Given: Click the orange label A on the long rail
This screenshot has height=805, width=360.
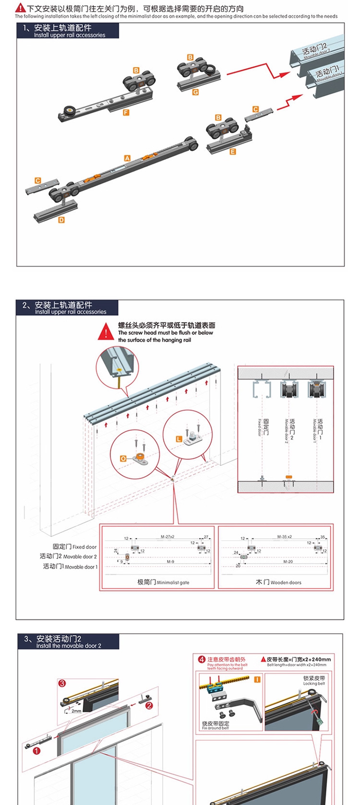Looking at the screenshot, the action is click(x=127, y=158).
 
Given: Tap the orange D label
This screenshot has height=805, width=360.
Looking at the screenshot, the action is click(x=61, y=220).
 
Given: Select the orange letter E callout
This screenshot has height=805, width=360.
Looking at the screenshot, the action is click(x=233, y=152).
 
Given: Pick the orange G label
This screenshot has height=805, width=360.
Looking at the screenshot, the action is click(x=195, y=92).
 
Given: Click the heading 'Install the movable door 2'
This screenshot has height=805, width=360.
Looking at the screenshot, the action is click(x=69, y=646).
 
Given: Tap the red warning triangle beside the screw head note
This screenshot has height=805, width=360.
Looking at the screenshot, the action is click(x=106, y=331).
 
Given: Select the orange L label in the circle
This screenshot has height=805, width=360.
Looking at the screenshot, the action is click(x=179, y=439).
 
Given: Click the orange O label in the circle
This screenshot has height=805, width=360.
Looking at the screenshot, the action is click(x=123, y=459).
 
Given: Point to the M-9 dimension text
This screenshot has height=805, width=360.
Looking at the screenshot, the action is click(x=170, y=561).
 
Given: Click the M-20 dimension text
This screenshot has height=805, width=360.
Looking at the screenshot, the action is click(x=288, y=561).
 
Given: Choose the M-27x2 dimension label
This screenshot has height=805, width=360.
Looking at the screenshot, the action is click(x=168, y=537).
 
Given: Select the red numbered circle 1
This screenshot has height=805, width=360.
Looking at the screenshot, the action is click(x=37, y=751).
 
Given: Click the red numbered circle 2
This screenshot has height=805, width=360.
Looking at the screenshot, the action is click(x=149, y=705).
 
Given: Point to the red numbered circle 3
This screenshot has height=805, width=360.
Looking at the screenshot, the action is click(x=61, y=683).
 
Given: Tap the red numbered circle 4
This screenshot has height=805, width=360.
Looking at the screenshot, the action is click(x=202, y=659).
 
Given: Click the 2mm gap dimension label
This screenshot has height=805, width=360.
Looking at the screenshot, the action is click(x=76, y=710).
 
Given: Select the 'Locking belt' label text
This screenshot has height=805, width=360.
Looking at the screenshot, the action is click(x=314, y=684).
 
